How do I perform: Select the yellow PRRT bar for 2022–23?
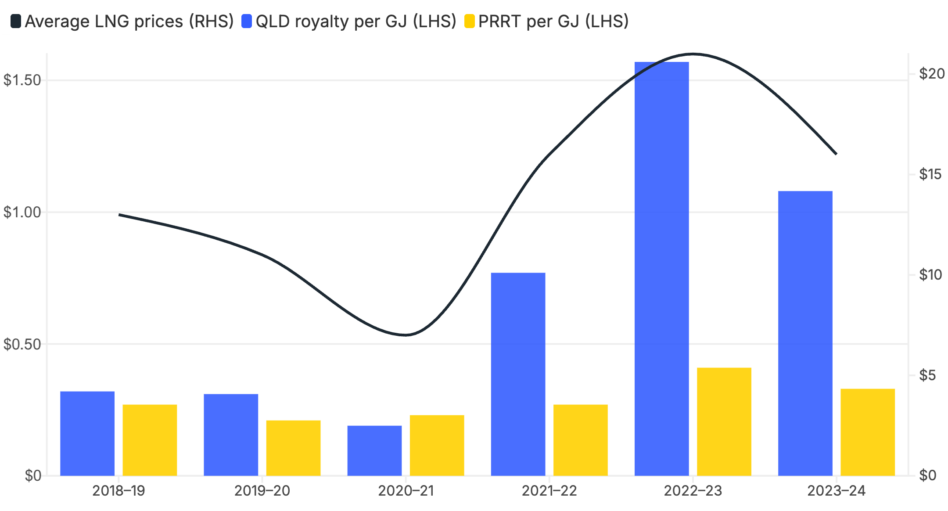pos(724,421)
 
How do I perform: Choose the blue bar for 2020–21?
pos(374,450)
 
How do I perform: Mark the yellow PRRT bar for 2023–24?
pos(868,432)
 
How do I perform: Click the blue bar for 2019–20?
pos(231,435)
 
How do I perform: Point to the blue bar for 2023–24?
pos(805,333)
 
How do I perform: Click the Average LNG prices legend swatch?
pos(16,21)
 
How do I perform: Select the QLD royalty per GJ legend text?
pos(356,21)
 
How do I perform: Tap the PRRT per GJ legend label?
pos(553,21)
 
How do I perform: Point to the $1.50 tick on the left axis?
pos(22,80)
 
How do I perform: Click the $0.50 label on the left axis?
pos(22,344)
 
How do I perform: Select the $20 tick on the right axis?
pos(932,73)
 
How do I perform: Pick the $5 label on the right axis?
pos(928,375)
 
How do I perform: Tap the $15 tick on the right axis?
pos(930,174)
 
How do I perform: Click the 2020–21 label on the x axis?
pos(406,490)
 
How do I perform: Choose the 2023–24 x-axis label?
pos(837,490)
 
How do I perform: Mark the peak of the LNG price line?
pos(693,54)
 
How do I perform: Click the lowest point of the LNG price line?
pos(406,335)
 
